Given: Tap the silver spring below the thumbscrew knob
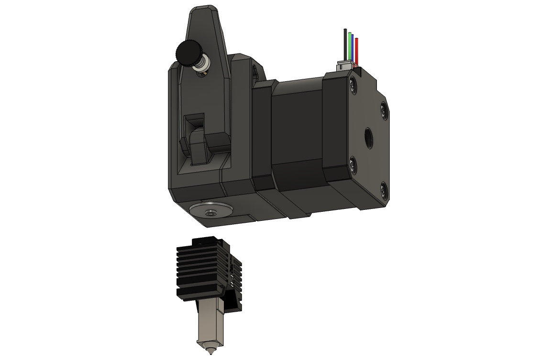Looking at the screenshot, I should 201,66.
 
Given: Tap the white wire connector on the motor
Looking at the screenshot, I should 345,65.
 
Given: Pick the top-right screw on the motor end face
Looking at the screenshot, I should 384,110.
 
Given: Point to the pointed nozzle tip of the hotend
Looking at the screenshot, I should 209,352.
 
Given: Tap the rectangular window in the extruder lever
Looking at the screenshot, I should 195,122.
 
